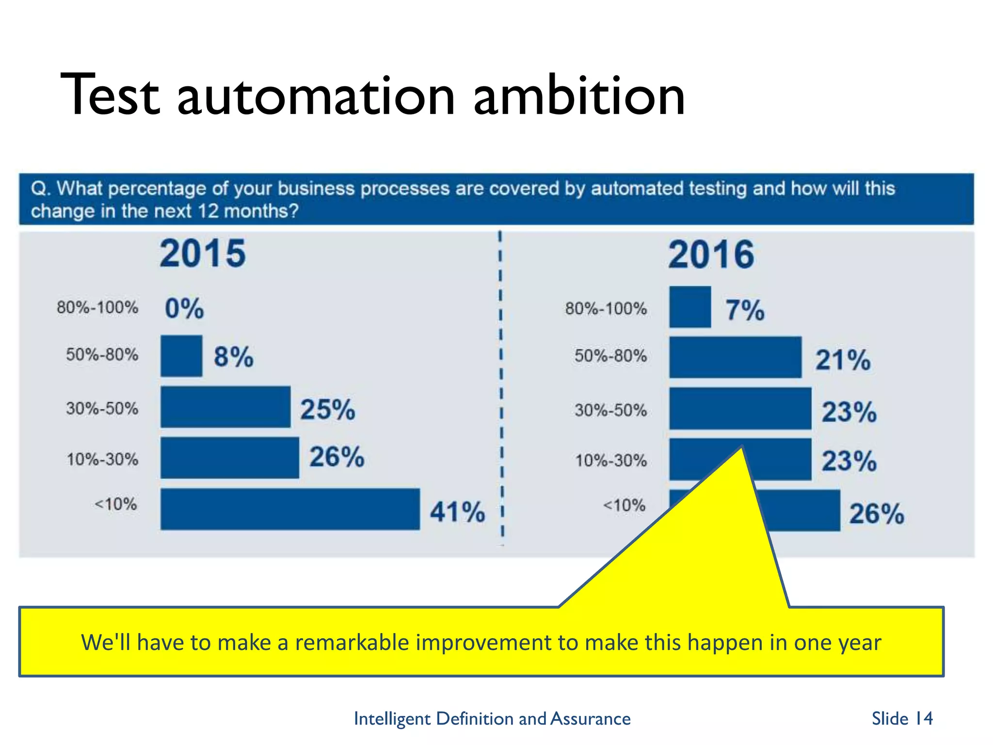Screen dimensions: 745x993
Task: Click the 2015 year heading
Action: (203, 253)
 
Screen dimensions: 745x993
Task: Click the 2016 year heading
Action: (711, 255)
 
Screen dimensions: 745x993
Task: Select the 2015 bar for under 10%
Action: (290, 509)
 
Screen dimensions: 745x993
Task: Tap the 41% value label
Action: (457, 512)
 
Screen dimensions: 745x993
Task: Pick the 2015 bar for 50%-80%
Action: (181, 356)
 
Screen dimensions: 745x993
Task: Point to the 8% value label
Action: (234, 357)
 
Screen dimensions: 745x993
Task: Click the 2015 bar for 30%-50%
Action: (225, 407)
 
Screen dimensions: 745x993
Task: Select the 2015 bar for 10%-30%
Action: (230, 458)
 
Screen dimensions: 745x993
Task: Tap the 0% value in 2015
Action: (184, 308)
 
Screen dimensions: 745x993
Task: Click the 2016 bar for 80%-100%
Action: (690, 307)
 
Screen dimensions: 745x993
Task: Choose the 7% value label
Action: (745, 310)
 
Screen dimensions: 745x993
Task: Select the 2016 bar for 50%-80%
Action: (735, 357)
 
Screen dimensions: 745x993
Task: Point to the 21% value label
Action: (843, 360)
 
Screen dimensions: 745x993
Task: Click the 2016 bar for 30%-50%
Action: (740, 408)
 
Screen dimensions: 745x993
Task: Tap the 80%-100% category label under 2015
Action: (97, 308)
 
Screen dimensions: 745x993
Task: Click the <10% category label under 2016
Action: (624, 505)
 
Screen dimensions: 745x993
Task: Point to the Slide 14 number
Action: (902, 718)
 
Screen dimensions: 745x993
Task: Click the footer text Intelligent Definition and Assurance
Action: (492, 718)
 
